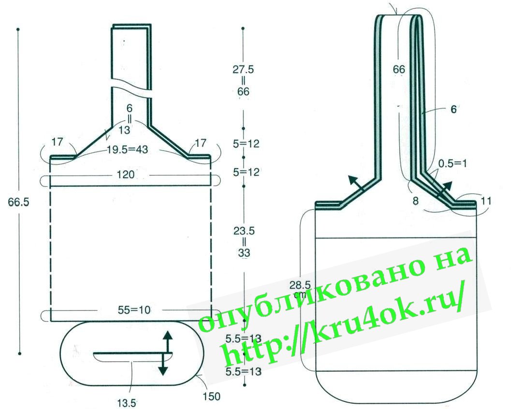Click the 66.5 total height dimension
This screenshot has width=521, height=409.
pos(18,202)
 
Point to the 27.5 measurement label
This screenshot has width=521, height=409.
pos(243,70)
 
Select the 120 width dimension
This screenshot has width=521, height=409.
pos(125,174)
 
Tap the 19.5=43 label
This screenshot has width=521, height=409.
pos(127,150)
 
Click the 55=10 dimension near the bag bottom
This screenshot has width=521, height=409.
pos(134,310)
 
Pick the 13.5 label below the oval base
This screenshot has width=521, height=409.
pos(127,403)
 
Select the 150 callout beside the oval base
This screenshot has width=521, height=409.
pos(211,396)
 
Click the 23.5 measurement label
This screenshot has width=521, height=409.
pos(244,231)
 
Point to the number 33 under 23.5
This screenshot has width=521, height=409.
pos(244,253)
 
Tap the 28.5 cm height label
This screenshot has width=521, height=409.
pos(300,287)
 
